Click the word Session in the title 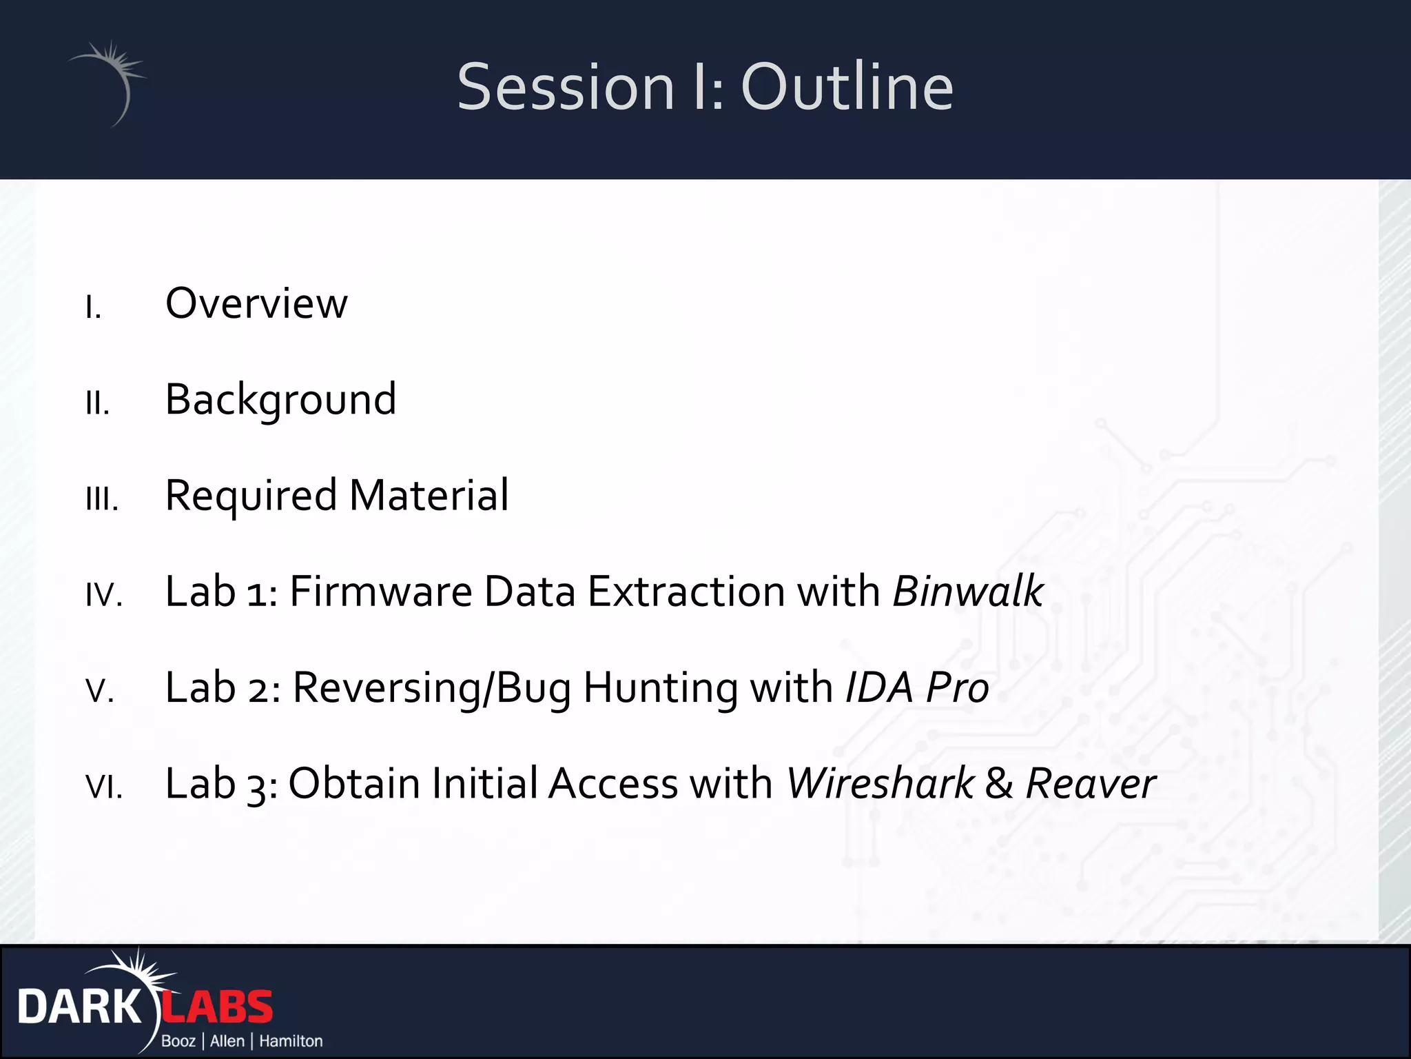[x=565, y=88]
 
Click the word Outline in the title [x=847, y=88]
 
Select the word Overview [x=256, y=303]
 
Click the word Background [x=280, y=400]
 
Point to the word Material [x=429, y=496]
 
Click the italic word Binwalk [x=967, y=592]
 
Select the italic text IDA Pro [x=916, y=688]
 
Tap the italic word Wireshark [x=880, y=784]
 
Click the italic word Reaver [x=1090, y=784]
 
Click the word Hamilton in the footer [x=291, y=1041]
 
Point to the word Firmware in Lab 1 [x=380, y=592]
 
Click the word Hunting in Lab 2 [x=659, y=688]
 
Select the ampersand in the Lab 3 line [x=999, y=784]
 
